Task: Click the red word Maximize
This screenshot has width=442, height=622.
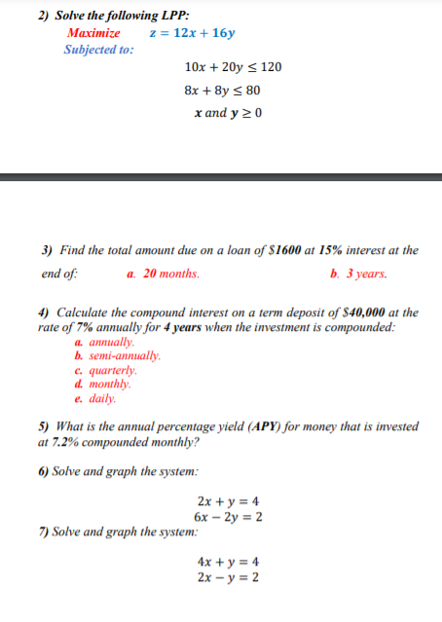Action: coord(93,33)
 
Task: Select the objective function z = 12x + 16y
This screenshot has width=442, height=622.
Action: coord(192,33)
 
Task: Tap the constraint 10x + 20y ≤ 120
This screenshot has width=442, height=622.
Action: coord(233,67)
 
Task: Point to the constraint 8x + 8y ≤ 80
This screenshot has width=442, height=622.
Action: coord(222,91)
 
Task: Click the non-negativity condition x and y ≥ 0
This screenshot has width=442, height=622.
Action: coord(229,113)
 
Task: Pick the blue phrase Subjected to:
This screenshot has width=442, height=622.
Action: coord(98,50)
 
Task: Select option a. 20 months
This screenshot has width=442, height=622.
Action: coord(163,274)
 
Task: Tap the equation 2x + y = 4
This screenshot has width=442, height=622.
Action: coord(228,501)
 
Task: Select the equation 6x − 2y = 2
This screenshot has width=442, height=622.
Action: coord(228,516)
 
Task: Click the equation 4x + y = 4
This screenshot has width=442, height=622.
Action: coord(228,562)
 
